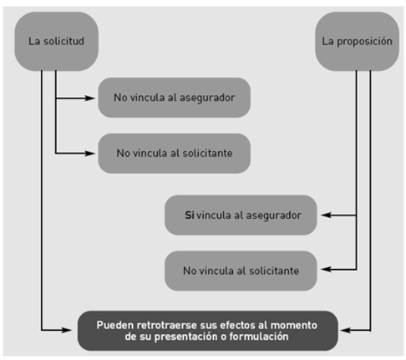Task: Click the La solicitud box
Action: (x=57, y=41)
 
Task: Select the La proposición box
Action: (x=357, y=41)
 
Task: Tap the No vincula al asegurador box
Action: (x=175, y=98)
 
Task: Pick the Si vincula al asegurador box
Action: (x=241, y=215)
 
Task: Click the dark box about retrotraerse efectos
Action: (x=208, y=331)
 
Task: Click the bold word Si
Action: (x=190, y=215)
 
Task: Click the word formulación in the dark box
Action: (x=259, y=337)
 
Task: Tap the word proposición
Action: (x=365, y=42)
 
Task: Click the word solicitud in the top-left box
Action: (x=63, y=41)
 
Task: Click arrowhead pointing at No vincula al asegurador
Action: (x=90, y=98)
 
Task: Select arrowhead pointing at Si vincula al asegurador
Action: (x=326, y=215)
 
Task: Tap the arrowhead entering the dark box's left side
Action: (x=67, y=331)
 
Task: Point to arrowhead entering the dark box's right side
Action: (x=346, y=331)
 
